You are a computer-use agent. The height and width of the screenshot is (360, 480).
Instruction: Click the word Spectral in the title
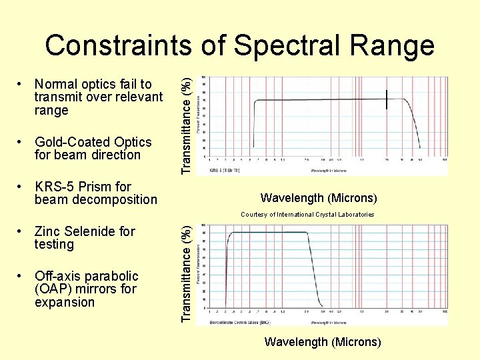292,45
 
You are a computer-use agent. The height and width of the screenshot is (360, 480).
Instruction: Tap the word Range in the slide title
394,45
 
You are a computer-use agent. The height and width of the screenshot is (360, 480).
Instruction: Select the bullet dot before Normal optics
23,85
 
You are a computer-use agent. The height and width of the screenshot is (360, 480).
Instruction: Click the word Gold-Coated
73,142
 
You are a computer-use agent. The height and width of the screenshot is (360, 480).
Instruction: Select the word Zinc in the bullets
48,231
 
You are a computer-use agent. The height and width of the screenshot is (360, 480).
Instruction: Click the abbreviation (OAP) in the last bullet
55,289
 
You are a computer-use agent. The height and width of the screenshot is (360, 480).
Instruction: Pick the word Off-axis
58,276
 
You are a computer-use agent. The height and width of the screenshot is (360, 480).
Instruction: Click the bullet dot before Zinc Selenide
23,232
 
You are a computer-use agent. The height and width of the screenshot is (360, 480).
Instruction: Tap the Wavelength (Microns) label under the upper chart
319,198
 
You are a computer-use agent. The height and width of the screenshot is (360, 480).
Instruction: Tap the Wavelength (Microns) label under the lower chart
323,342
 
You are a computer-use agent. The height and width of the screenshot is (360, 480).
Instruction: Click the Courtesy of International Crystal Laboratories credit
307,215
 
